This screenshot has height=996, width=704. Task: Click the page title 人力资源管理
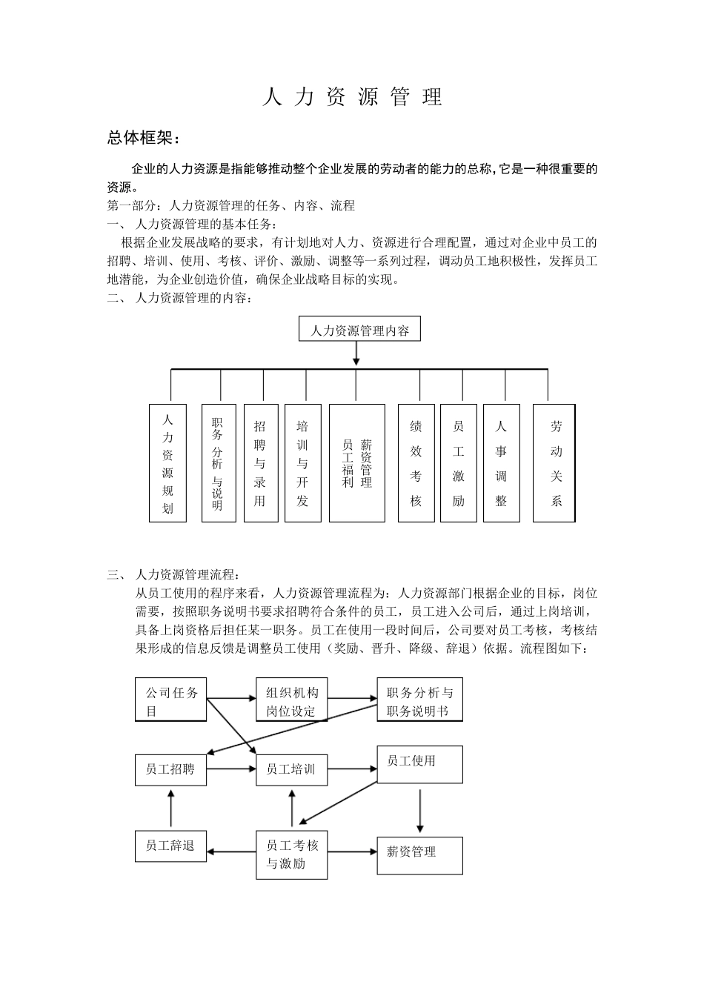click(x=352, y=97)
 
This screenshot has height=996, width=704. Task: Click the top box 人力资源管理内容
click(x=359, y=330)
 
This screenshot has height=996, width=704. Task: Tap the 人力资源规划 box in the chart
click(x=167, y=462)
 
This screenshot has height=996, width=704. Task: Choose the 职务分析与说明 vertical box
click(x=218, y=462)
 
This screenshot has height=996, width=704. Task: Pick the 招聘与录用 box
click(x=260, y=462)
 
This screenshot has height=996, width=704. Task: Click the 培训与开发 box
click(x=302, y=462)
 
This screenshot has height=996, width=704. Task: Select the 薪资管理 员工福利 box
click(x=357, y=462)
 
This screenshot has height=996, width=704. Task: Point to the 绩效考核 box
click(x=416, y=462)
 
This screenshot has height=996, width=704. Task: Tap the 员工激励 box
click(x=458, y=462)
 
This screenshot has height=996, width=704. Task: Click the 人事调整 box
click(x=501, y=462)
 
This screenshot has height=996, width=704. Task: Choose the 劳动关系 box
click(x=554, y=462)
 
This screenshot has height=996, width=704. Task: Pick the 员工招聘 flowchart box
click(x=171, y=769)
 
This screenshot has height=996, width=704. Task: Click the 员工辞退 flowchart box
click(x=171, y=846)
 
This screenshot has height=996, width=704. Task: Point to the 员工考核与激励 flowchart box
click(x=292, y=854)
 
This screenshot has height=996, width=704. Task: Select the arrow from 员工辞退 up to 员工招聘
click(x=171, y=809)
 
